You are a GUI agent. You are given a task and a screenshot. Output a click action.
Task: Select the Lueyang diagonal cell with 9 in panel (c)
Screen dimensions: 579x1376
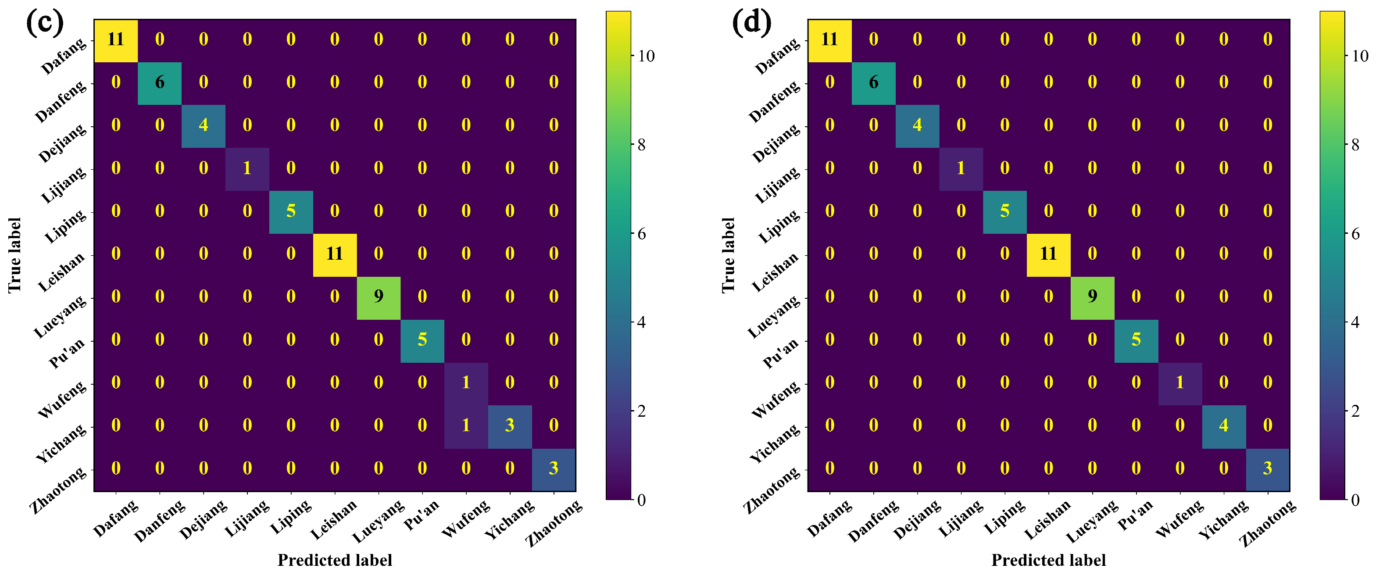point(378,297)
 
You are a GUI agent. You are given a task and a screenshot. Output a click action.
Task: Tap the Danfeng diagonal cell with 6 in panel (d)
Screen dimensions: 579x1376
point(873,82)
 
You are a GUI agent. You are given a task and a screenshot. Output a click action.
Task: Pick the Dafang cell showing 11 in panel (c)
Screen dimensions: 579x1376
point(115,39)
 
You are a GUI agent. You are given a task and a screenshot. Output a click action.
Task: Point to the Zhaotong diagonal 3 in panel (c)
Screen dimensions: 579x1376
point(554,468)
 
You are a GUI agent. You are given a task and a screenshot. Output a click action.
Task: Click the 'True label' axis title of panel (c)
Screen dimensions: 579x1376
point(14,255)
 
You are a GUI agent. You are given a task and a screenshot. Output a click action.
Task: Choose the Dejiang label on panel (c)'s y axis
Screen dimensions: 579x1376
point(62,143)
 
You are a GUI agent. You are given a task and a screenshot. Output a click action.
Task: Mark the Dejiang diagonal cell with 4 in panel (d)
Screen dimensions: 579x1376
point(917,125)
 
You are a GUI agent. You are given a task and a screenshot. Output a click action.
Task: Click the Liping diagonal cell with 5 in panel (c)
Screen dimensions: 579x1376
point(290,211)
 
